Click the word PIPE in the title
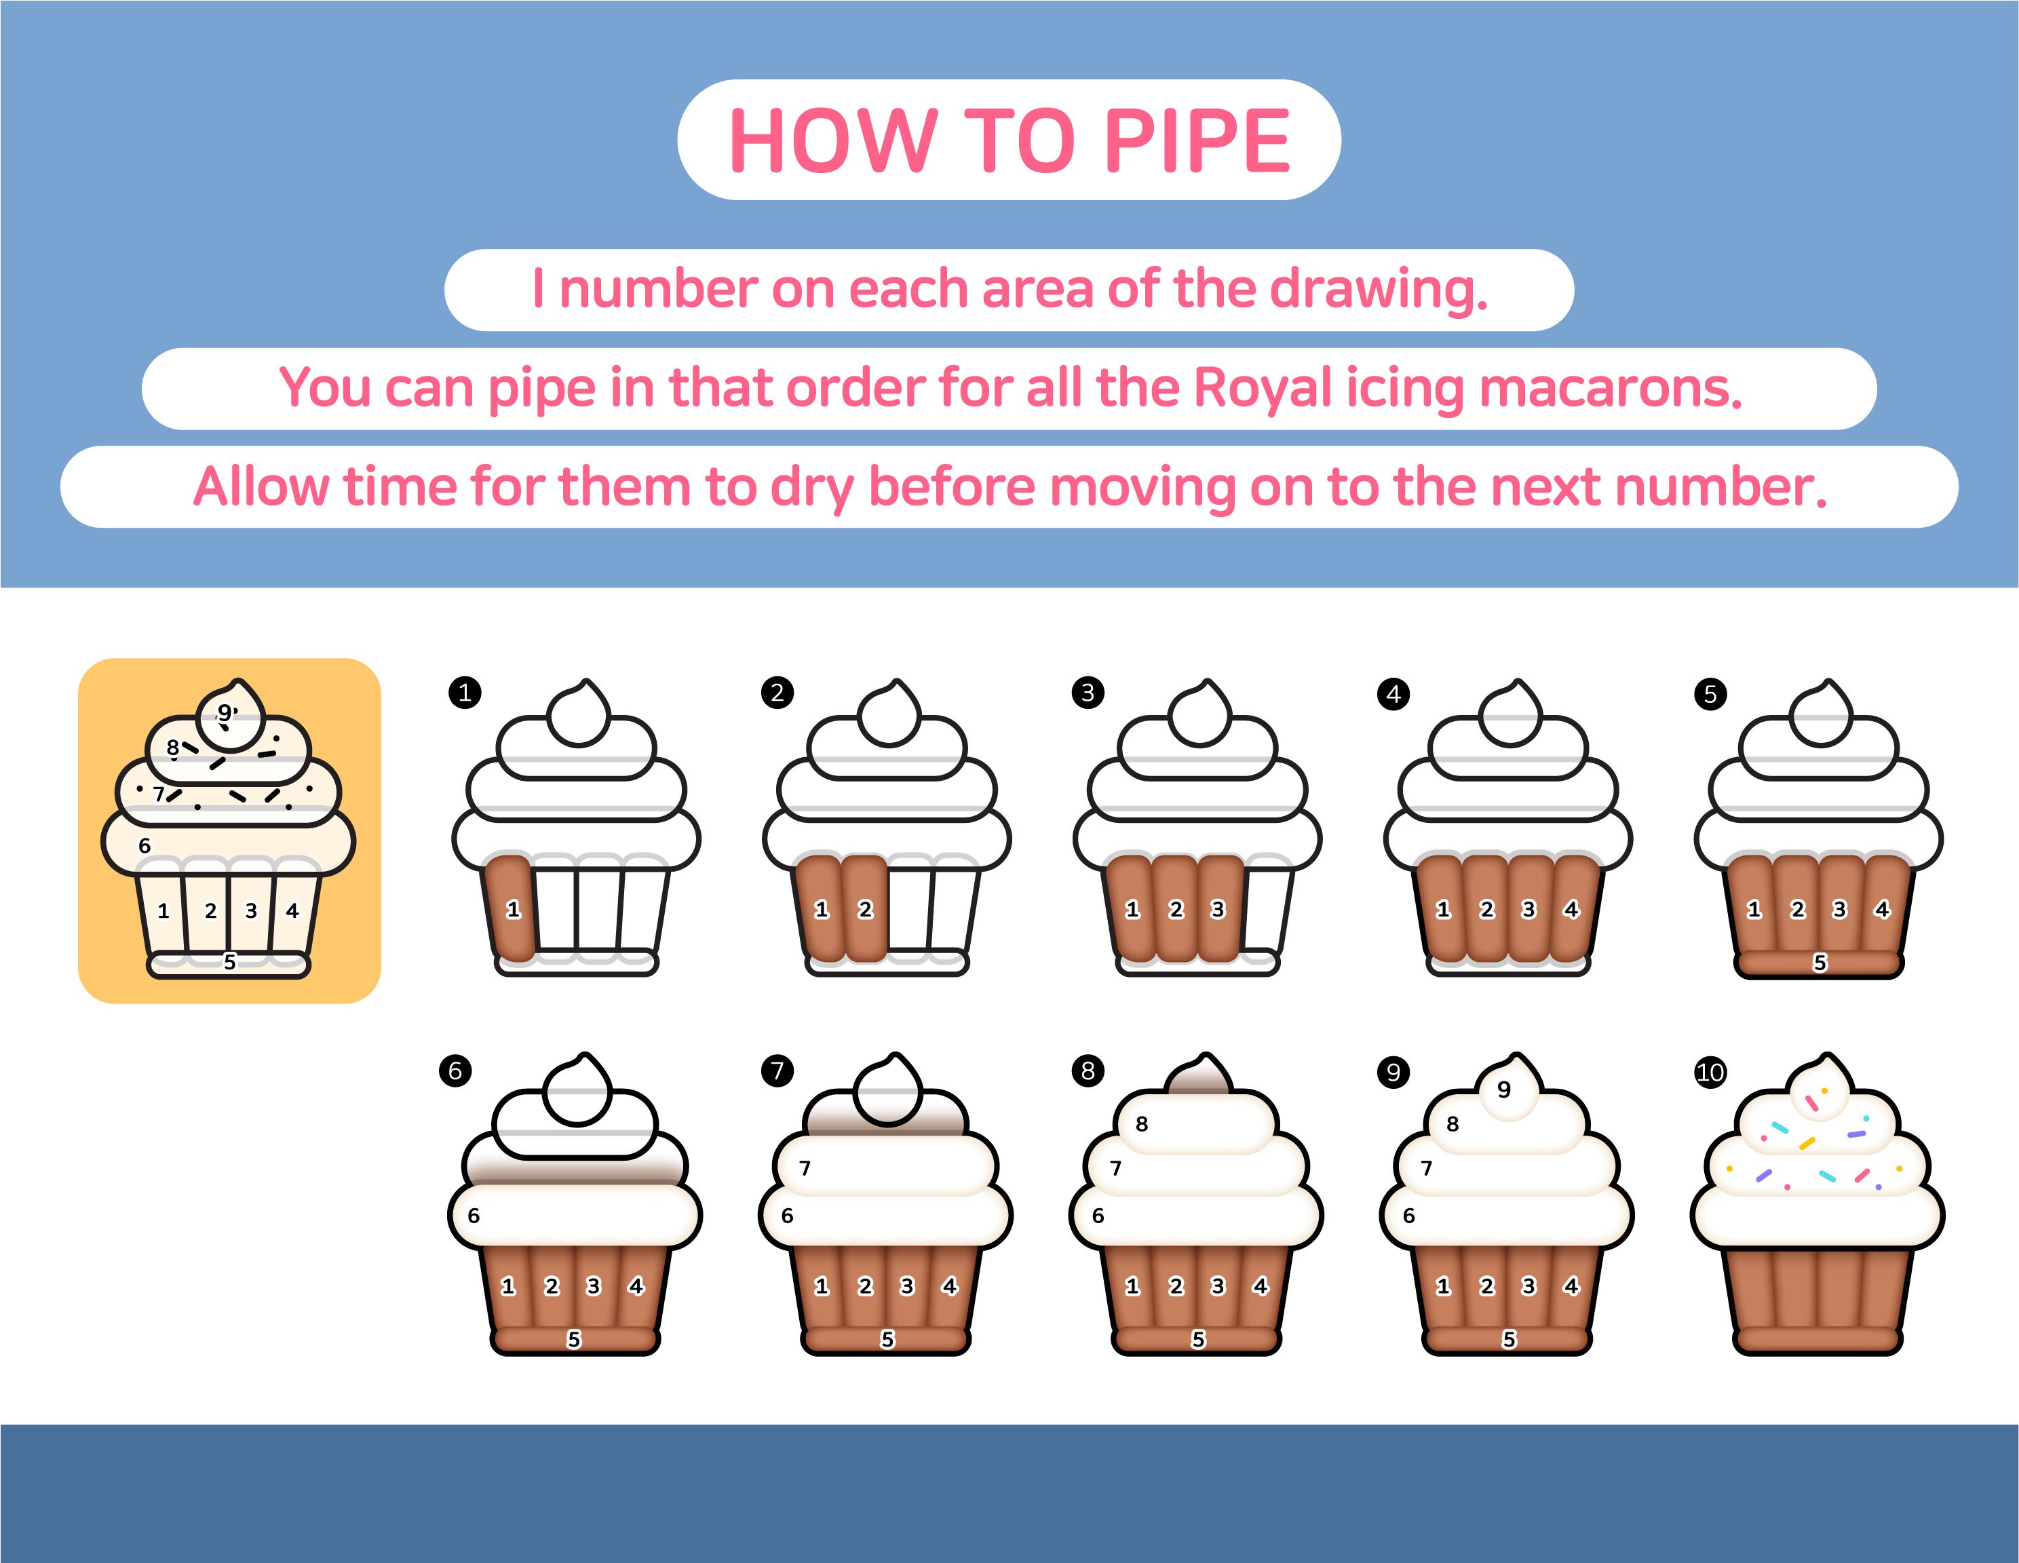(x=1197, y=140)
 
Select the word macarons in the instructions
(x=1611, y=387)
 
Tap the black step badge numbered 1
(x=465, y=693)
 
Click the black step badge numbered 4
(x=1393, y=694)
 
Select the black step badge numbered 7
(x=777, y=1070)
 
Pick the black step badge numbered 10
(x=1710, y=1073)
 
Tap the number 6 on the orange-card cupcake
(x=145, y=846)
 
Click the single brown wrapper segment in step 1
(x=507, y=907)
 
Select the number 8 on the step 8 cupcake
(x=1142, y=1124)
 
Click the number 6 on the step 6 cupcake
(x=474, y=1216)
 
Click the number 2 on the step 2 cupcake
(x=864, y=910)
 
